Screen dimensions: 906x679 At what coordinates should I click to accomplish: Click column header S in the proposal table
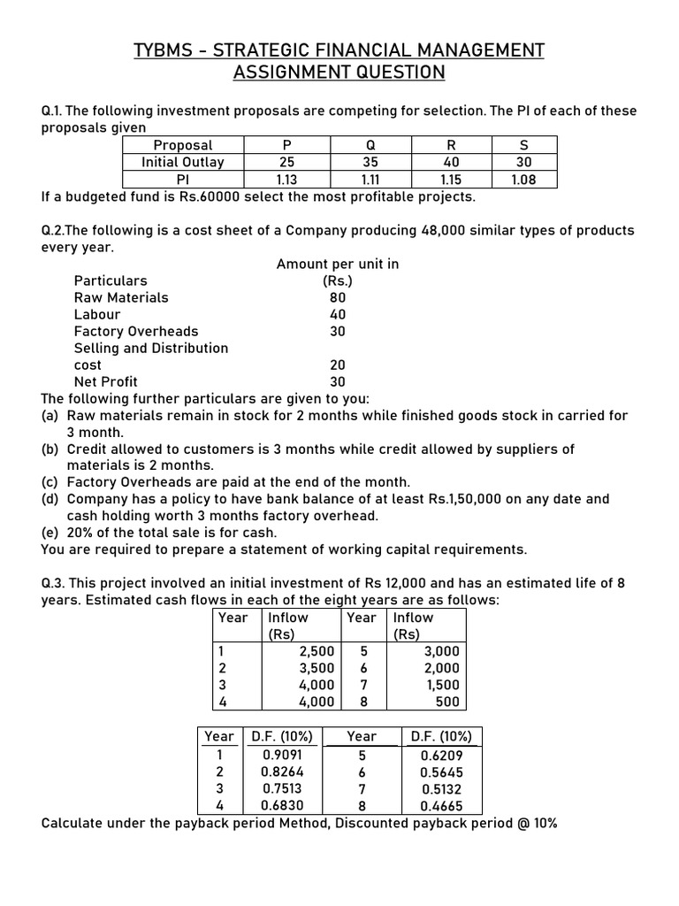pos(523,145)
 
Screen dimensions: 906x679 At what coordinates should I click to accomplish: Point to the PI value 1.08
pos(523,180)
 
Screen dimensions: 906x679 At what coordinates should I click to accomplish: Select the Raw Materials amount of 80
pos(337,298)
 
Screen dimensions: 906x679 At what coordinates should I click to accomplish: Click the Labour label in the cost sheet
pos(97,315)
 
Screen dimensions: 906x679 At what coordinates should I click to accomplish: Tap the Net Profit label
pos(105,382)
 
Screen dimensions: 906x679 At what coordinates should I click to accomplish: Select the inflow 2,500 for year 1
pos(317,651)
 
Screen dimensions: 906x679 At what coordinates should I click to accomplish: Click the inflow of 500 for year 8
pos(447,702)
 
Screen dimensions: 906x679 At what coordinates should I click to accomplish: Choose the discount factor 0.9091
pos(281,756)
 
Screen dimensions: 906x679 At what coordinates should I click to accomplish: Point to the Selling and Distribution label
pos(151,349)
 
